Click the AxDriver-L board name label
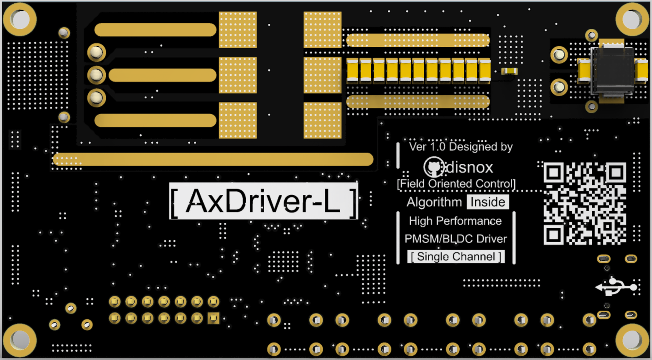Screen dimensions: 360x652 pos(263,201)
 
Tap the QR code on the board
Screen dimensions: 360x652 pos(585,204)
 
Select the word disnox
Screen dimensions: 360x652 pos(469,168)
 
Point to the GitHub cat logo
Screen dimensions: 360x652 pos(433,168)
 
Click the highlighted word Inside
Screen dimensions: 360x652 pos(488,202)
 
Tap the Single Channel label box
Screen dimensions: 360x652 pos(456,257)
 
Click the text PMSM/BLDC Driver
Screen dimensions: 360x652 pos(456,239)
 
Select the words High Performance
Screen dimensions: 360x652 pos(455,221)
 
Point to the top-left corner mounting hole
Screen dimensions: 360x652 pos(20,19)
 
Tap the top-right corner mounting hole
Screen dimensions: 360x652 pos(632,19)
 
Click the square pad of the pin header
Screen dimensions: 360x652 pos(214,318)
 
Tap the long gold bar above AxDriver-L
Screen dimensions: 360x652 pos(213,159)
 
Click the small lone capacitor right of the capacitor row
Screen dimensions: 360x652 pos(509,71)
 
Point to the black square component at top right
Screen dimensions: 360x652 pos(612,70)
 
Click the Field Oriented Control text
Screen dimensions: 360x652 pos(456,184)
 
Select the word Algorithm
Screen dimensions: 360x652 pos(434,202)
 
